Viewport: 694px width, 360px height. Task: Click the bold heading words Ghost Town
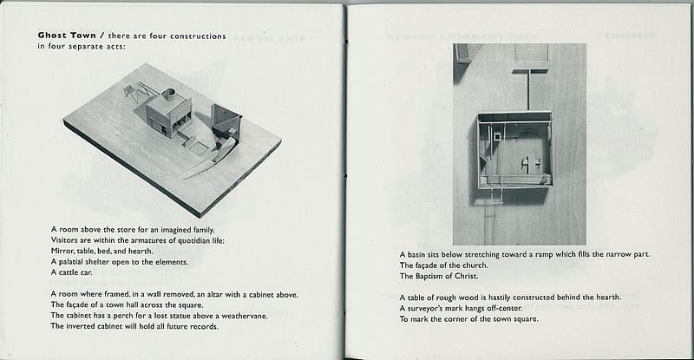click(67, 36)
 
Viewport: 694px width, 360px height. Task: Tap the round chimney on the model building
click(168, 92)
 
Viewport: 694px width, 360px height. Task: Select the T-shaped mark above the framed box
click(527, 84)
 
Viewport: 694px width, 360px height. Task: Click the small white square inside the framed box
click(497, 134)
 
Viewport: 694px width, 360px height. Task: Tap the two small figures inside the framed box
click(527, 163)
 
